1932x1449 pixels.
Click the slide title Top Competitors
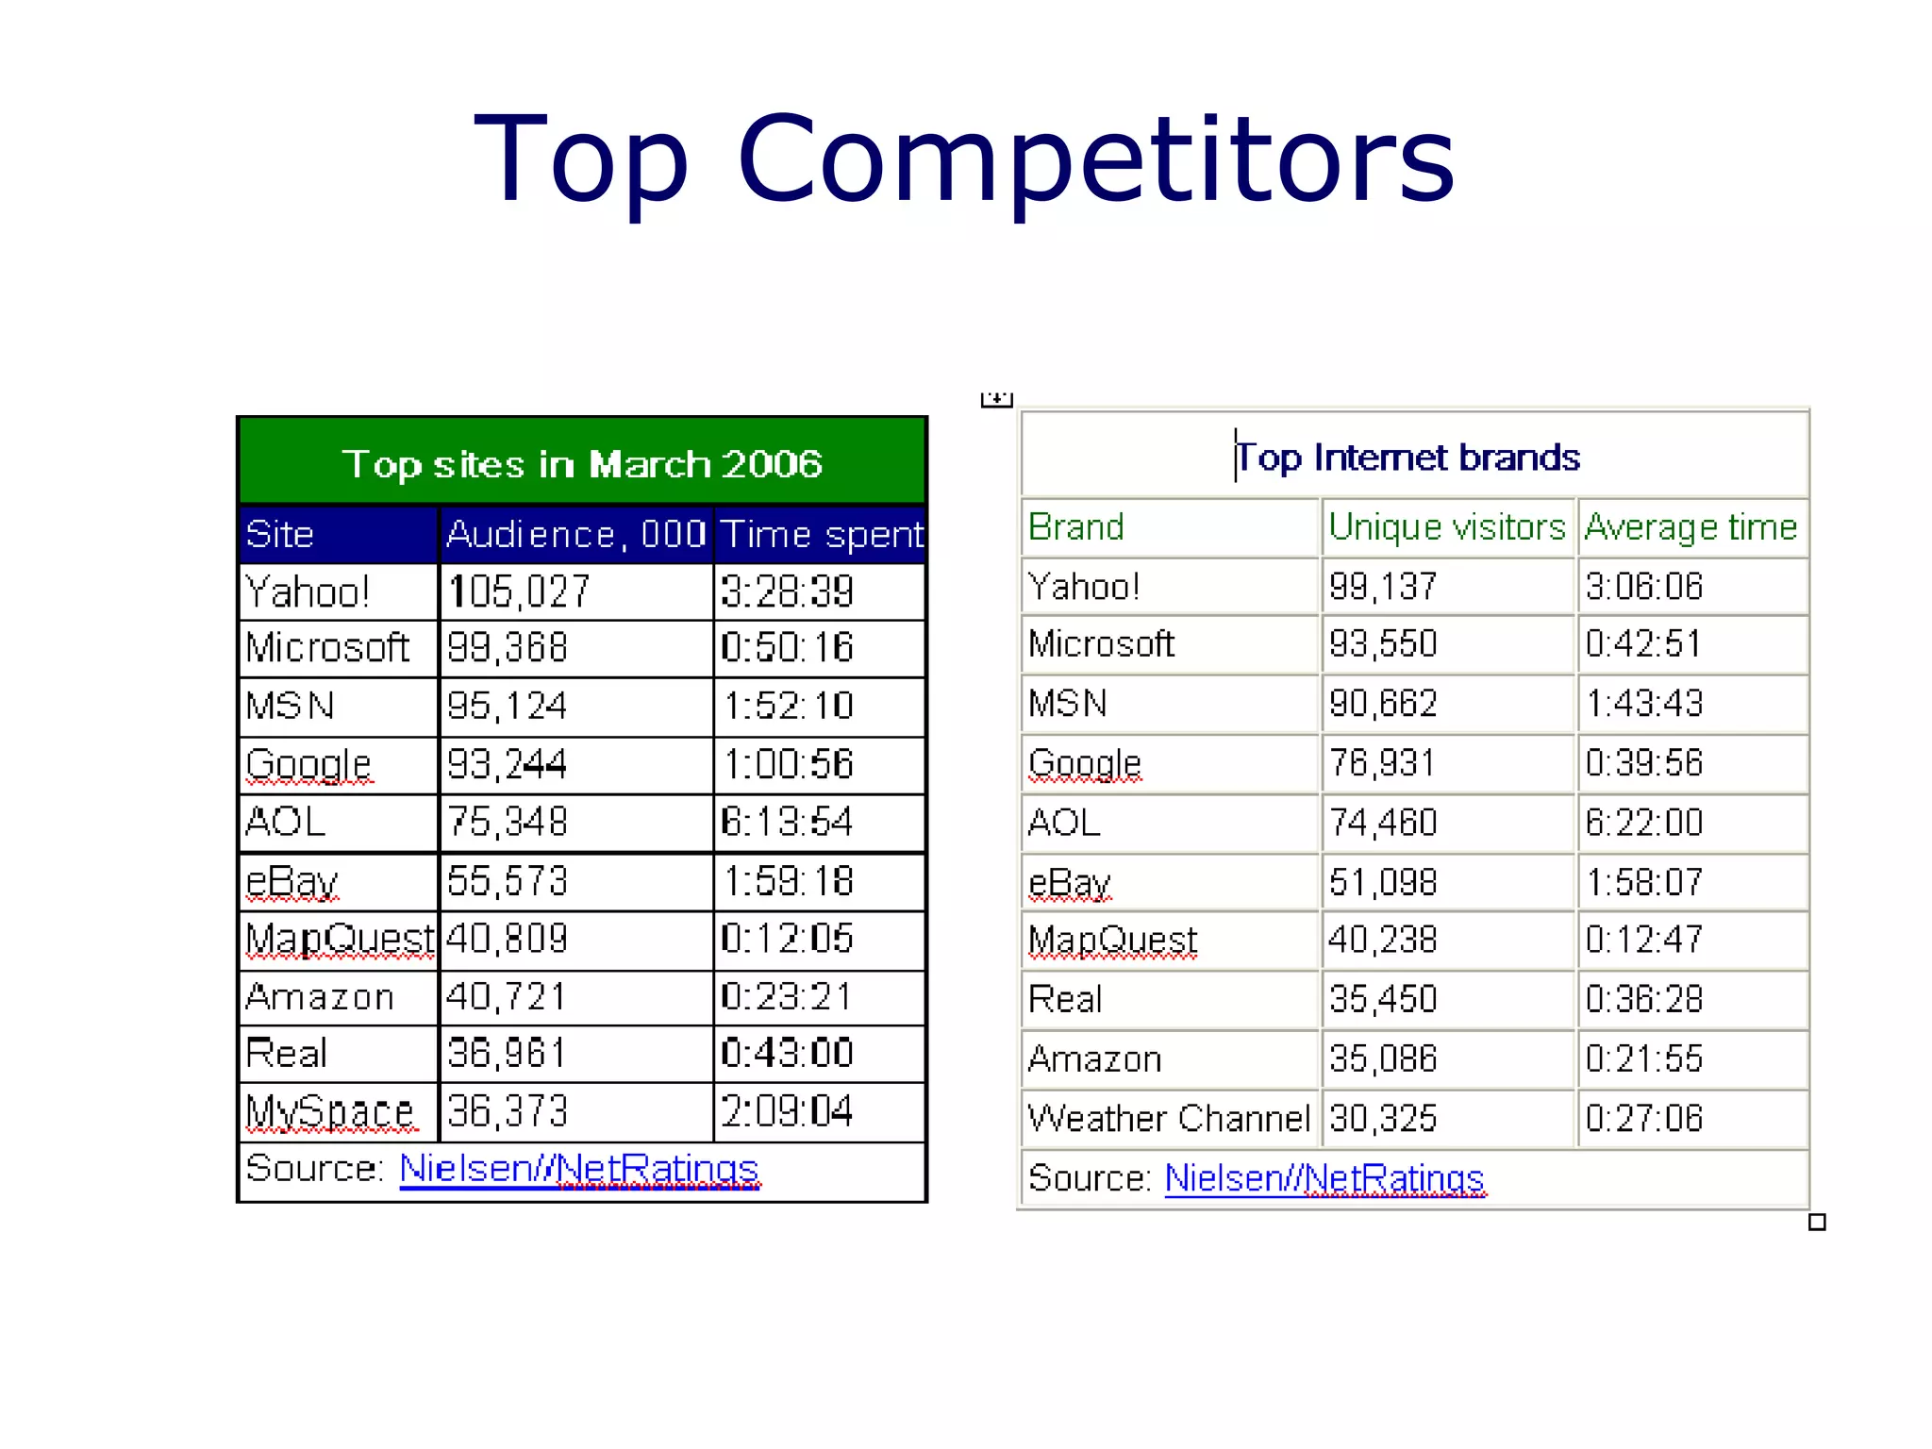[x=964, y=158]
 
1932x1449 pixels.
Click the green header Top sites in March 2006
[x=582, y=463]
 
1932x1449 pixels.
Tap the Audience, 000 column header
[x=575, y=534]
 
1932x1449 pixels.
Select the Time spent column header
[x=821, y=534]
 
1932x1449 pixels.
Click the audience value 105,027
[x=519, y=592]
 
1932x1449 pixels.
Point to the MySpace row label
[x=329, y=1111]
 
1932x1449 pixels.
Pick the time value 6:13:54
[x=787, y=822]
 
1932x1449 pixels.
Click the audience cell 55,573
[x=508, y=881]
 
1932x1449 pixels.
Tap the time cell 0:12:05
[x=787, y=939]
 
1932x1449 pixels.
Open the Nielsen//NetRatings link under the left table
[x=579, y=1169]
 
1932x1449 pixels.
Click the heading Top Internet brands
[x=1408, y=458]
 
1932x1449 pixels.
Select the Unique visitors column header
[x=1446, y=526]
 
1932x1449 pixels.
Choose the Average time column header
[x=1690, y=526]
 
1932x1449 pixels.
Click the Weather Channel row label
[x=1169, y=1118]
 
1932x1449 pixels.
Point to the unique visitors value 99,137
[x=1383, y=587]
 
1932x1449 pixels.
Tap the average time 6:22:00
[x=1644, y=823]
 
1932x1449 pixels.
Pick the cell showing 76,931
[x=1383, y=762]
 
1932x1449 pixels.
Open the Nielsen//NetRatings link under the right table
[x=1324, y=1178]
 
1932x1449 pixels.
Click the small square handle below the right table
[x=1817, y=1223]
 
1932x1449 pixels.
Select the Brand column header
[x=1076, y=526]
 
